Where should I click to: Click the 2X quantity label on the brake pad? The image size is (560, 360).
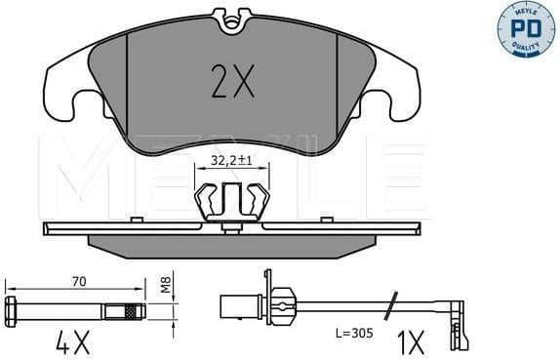pos(232,85)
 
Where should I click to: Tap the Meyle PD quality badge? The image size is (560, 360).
pos(528,29)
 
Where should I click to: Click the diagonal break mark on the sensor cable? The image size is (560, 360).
pos(390,304)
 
